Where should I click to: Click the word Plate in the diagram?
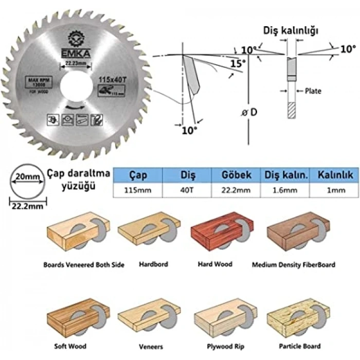tap(313, 91)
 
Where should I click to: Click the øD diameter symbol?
tap(248, 112)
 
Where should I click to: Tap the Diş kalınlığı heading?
tap(291, 30)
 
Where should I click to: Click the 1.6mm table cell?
tap(285, 190)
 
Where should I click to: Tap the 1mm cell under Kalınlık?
tap(334, 190)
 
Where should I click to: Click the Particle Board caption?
tap(300, 346)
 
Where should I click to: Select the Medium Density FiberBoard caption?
tap(293, 265)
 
